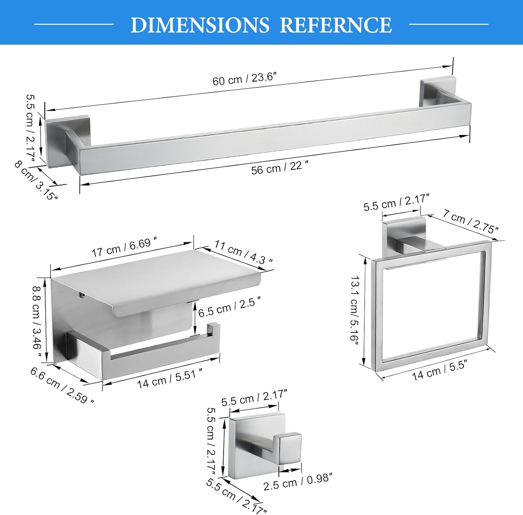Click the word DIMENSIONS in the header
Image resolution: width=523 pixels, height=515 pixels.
click(200, 25)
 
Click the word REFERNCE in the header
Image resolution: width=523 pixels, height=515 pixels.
click(336, 25)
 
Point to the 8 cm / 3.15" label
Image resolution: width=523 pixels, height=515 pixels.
click(36, 180)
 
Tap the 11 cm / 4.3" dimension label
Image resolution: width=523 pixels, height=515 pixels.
click(243, 252)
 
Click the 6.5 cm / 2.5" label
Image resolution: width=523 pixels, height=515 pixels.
click(229, 306)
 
